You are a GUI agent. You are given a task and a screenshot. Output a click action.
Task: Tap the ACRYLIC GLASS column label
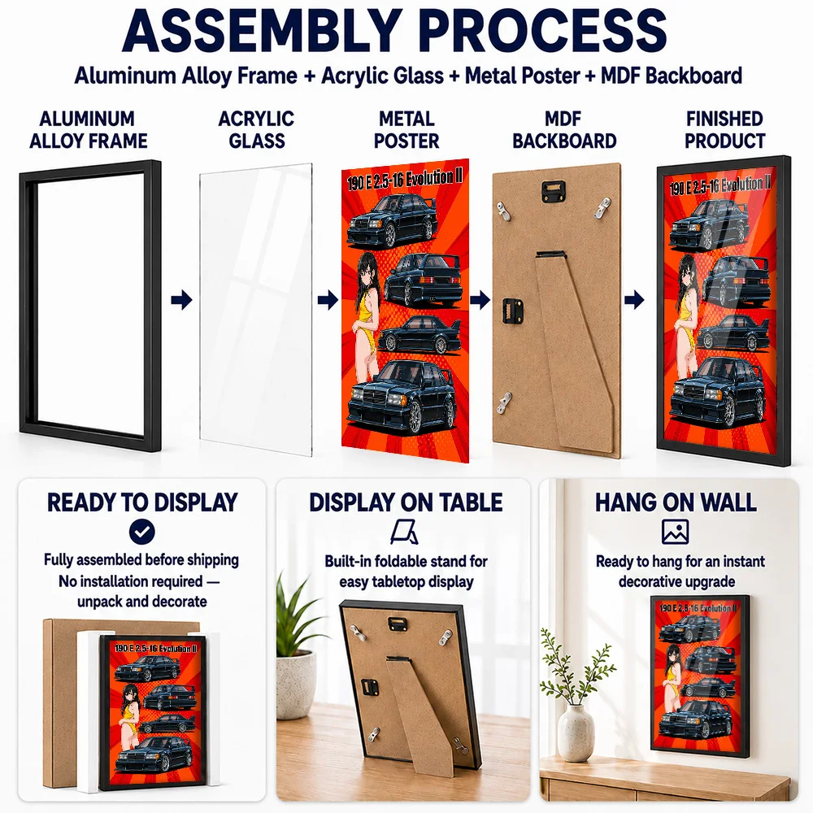[256, 129]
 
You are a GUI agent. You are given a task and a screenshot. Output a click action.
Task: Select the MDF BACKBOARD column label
[564, 129]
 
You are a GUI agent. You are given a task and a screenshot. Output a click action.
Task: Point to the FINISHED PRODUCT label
[724, 129]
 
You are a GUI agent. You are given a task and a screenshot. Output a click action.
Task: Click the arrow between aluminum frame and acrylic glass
[181, 299]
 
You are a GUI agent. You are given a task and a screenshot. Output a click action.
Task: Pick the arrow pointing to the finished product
[634, 299]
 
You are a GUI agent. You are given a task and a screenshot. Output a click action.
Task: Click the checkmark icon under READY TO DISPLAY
[142, 532]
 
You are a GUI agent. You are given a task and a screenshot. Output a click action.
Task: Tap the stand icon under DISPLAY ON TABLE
[404, 532]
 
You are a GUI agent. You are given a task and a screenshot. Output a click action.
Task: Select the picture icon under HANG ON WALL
[675, 532]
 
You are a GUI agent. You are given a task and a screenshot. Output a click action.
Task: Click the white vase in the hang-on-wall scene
[576, 733]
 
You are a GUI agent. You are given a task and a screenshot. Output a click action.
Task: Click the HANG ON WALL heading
[676, 502]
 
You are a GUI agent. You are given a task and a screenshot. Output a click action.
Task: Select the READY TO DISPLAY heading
[142, 502]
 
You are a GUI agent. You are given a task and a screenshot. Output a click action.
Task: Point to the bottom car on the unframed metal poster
[402, 397]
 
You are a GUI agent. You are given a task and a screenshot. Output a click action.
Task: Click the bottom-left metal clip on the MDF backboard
[504, 403]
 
